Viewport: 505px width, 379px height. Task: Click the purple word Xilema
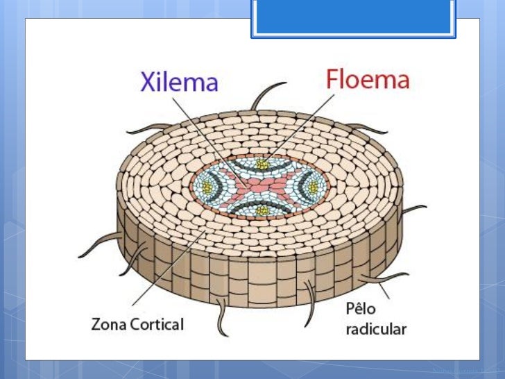click(179, 82)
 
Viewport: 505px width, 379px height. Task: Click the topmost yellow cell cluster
click(262, 164)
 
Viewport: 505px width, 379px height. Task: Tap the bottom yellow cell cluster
click(262, 210)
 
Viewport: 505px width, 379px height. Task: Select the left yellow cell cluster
click(207, 187)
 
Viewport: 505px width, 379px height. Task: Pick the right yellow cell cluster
click(314, 187)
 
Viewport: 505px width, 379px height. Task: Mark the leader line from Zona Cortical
click(166, 271)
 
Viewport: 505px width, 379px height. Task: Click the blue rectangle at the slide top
click(354, 17)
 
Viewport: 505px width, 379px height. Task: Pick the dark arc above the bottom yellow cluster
click(262, 202)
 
